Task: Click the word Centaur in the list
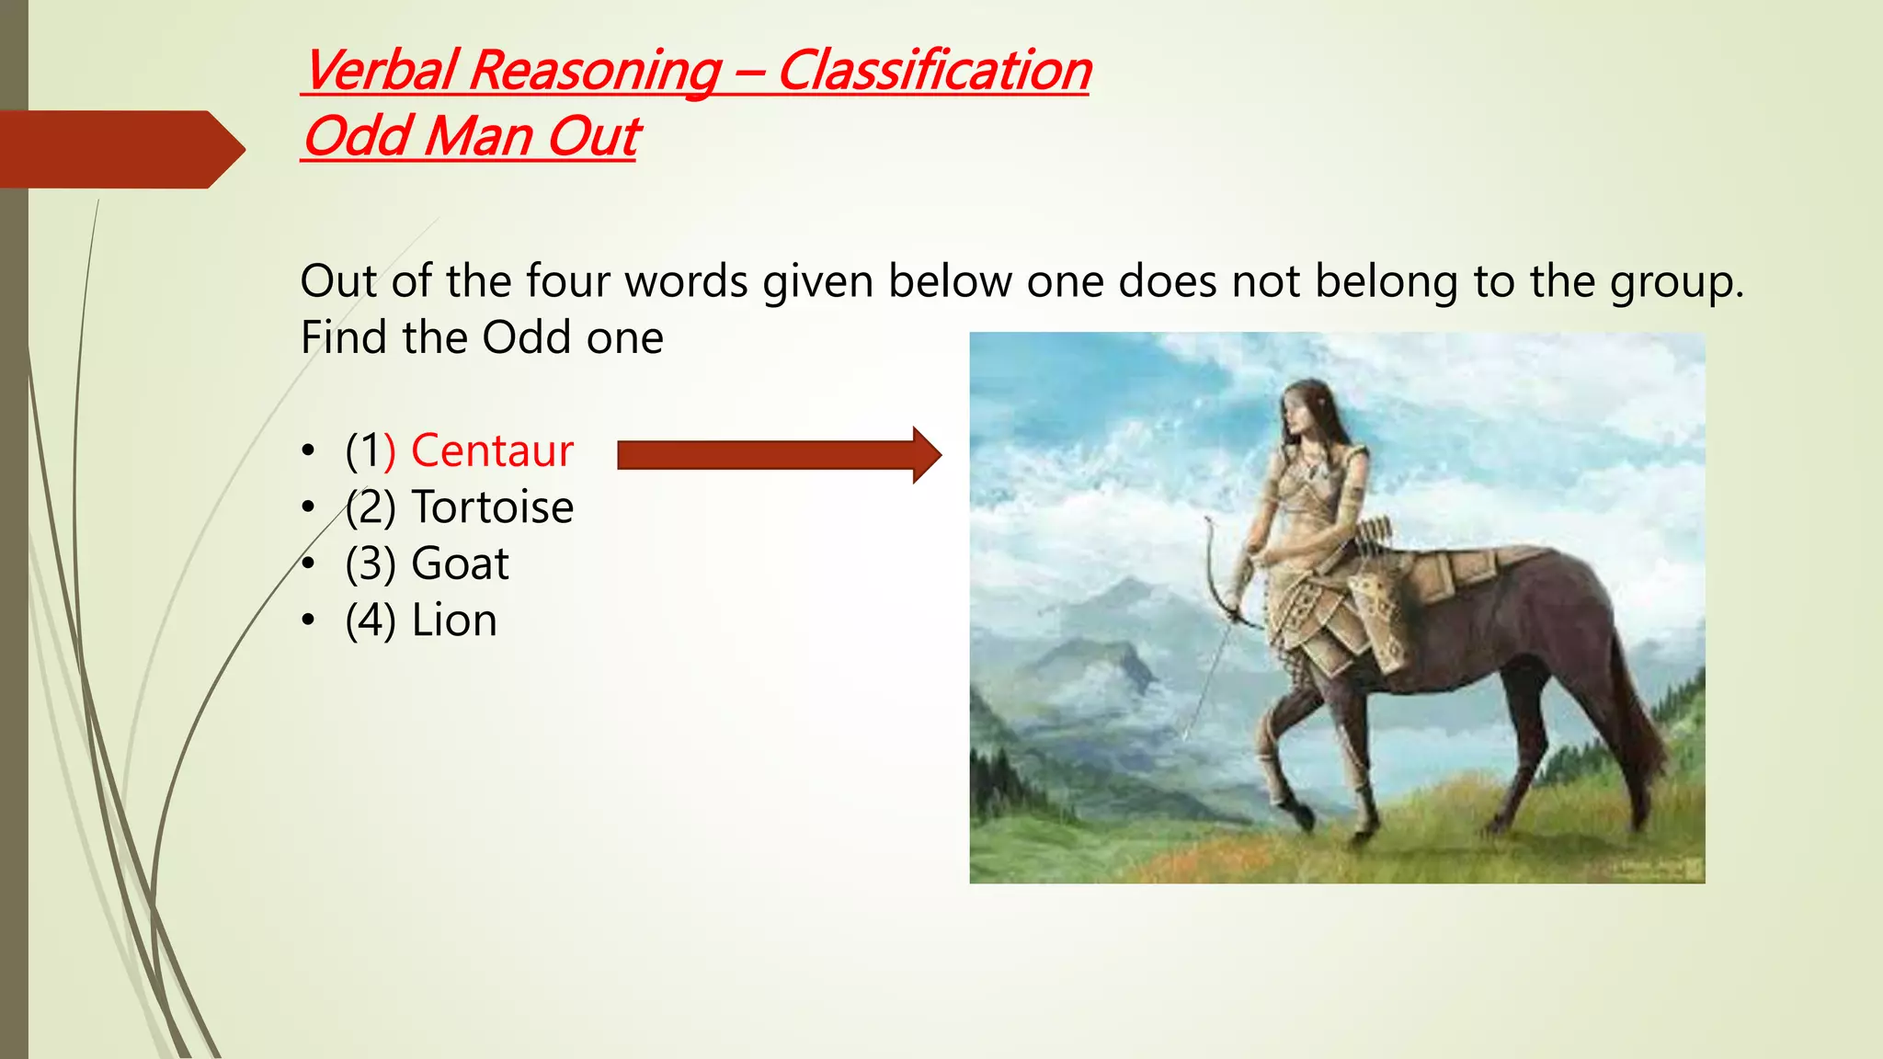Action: (x=492, y=451)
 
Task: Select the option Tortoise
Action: (x=492, y=507)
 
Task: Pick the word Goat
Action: (x=460, y=564)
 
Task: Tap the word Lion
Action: (x=454, y=621)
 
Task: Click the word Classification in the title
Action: (x=933, y=71)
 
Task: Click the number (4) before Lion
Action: (x=371, y=621)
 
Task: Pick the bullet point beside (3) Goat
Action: (x=309, y=564)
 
